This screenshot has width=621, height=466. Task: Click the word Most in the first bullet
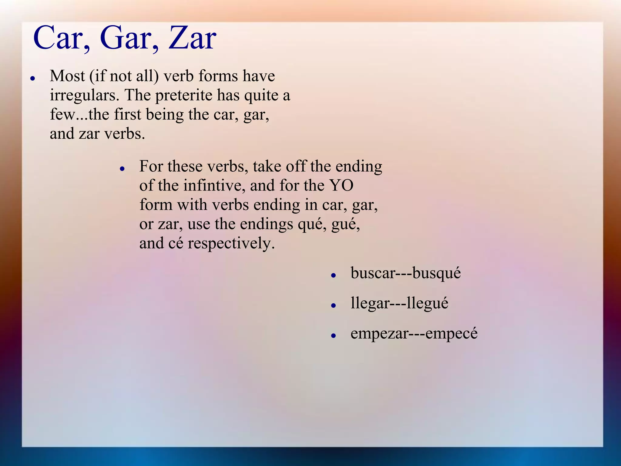click(67, 76)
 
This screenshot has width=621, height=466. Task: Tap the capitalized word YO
click(342, 185)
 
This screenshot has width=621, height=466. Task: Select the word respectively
click(231, 243)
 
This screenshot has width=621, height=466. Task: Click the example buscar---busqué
click(405, 273)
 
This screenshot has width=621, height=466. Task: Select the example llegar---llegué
click(399, 303)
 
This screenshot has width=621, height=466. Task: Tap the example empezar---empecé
click(414, 333)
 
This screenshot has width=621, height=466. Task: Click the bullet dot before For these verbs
click(122, 169)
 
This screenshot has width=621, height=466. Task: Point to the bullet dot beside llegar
click(334, 306)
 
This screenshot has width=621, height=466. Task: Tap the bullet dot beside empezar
click(334, 336)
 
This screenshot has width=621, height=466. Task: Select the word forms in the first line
click(218, 76)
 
